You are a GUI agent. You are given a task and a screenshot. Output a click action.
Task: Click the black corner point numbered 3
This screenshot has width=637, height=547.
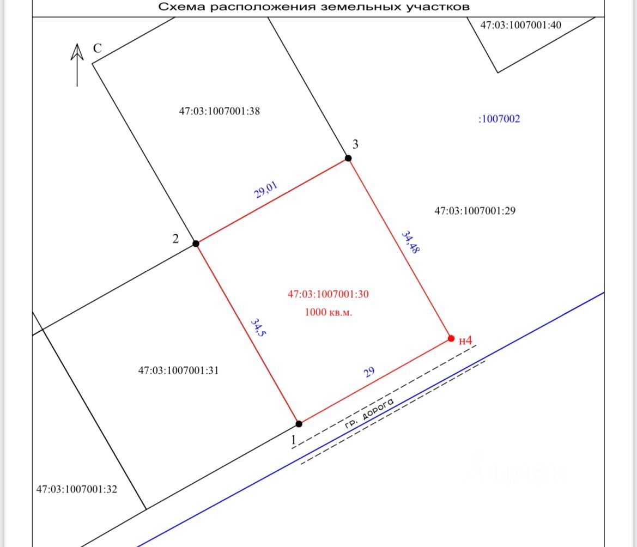(348, 158)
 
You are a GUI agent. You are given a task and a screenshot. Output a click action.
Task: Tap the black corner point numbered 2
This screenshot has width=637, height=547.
(196, 244)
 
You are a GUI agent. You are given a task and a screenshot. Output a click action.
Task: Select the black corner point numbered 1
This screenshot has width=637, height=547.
(299, 423)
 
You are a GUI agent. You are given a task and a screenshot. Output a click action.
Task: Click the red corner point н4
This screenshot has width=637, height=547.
(451, 338)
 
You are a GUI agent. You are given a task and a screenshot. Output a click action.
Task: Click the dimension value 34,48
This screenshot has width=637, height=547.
(410, 242)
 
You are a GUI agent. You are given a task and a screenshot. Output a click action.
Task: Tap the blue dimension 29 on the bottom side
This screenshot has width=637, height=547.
(369, 373)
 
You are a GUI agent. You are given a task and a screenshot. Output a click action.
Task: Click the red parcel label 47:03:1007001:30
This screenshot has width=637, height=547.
(328, 294)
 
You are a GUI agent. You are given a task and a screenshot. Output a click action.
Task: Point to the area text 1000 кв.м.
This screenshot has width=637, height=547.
(328, 313)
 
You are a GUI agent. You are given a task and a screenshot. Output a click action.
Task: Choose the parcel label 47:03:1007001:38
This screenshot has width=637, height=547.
(219, 111)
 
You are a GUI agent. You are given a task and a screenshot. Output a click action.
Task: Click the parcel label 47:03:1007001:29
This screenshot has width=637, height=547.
(475, 211)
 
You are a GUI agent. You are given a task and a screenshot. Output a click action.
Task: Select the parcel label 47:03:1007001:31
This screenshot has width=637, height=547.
(178, 370)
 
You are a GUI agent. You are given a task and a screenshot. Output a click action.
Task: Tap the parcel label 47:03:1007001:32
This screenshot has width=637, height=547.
(76, 489)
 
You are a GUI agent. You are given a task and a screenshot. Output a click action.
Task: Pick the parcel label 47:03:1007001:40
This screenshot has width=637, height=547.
(520, 25)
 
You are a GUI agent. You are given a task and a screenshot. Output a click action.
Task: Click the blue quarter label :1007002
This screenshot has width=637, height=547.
(499, 119)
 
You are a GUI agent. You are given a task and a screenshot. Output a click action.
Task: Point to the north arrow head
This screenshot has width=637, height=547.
(77, 52)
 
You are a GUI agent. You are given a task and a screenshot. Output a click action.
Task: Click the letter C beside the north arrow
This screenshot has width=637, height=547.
(97, 48)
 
